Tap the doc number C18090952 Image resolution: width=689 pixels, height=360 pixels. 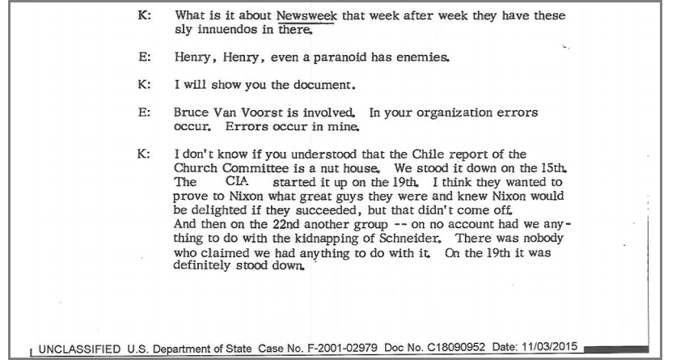pyautogui.click(x=454, y=348)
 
